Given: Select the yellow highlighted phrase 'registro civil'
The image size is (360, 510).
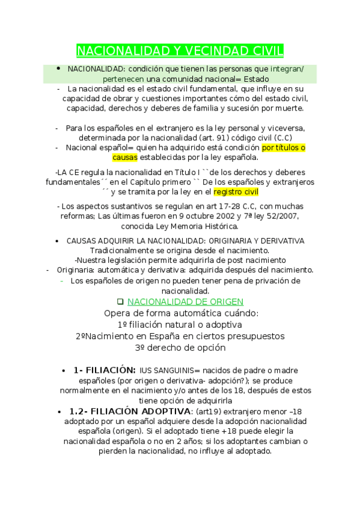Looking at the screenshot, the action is tap(236, 192).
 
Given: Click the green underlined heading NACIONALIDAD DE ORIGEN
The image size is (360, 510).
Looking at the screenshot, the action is tap(186, 301).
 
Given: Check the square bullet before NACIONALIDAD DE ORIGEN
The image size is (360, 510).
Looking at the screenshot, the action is tap(120, 301).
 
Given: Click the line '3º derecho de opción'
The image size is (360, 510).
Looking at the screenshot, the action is tap(180, 347).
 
